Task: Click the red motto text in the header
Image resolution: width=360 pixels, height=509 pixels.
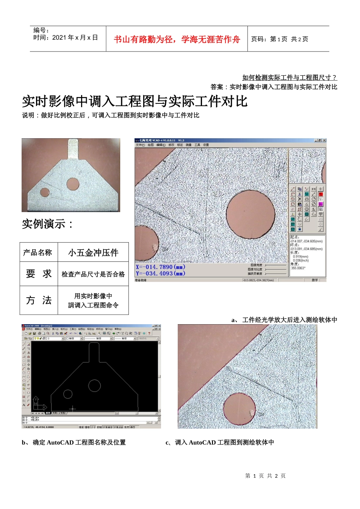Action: click(x=177, y=39)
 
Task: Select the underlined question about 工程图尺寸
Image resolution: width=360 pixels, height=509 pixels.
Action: click(x=290, y=78)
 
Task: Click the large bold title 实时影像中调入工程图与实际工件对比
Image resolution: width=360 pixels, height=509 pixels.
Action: click(x=135, y=101)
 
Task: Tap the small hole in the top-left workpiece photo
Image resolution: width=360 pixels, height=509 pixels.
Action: click(x=45, y=192)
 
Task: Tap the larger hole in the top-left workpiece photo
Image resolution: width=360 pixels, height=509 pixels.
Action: click(x=73, y=184)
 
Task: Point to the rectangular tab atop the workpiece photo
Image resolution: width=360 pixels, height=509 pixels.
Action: click(x=74, y=148)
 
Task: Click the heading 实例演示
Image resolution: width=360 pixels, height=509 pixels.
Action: click(x=47, y=224)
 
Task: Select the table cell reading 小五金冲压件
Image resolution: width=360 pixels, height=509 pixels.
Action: click(x=93, y=253)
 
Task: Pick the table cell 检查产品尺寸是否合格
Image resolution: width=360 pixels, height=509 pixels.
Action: click(x=93, y=274)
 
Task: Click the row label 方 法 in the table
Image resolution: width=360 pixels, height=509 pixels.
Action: click(x=39, y=300)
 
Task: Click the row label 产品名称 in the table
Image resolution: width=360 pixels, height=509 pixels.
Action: click(x=38, y=253)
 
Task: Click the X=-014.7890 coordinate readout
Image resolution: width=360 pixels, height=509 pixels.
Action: click(x=160, y=267)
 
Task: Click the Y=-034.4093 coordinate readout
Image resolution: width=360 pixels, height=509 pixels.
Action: click(x=160, y=273)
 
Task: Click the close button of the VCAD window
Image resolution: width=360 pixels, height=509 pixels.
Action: click(x=324, y=141)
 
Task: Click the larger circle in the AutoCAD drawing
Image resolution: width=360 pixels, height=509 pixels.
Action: click(x=94, y=386)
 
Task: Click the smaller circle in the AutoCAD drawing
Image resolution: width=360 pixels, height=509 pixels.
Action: click(x=68, y=394)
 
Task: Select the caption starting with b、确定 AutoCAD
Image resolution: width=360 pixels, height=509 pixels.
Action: click(x=74, y=442)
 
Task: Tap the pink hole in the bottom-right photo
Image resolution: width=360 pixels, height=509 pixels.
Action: click(x=239, y=410)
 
